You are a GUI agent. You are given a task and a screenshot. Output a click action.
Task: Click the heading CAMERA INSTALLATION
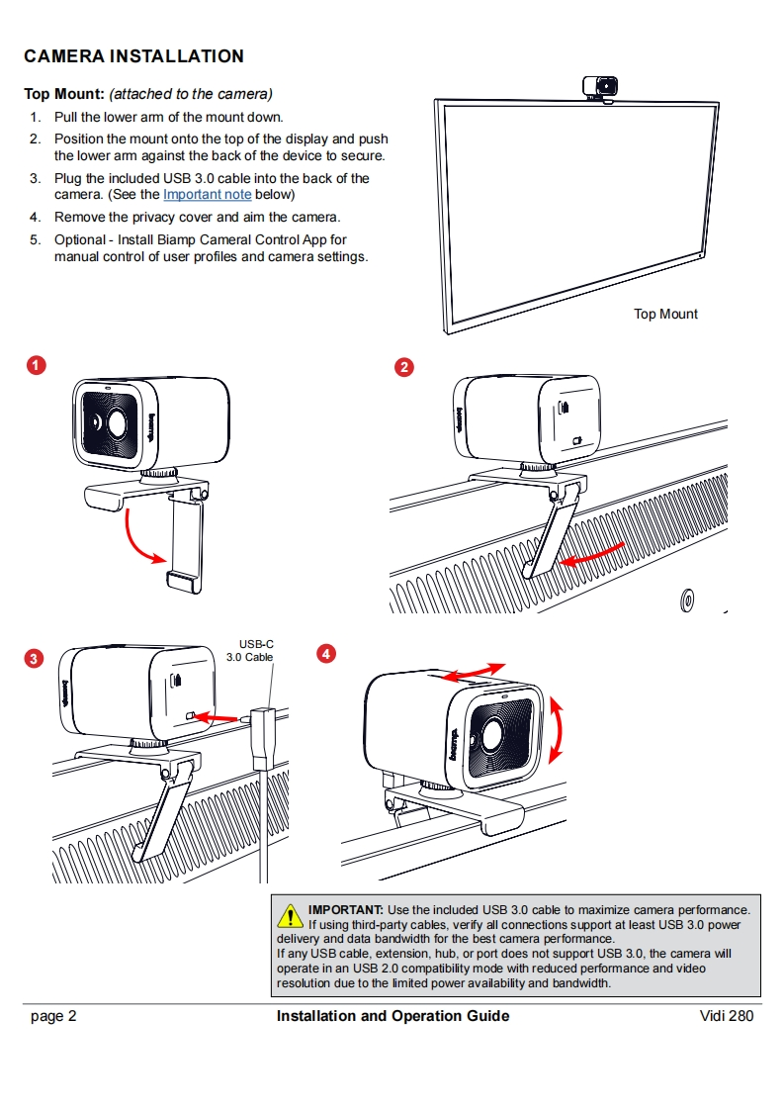pyautogui.click(x=133, y=56)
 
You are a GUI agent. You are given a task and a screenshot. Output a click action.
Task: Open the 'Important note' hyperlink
pyautogui.click(x=207, y=195)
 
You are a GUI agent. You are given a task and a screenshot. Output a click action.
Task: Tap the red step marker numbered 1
pyautogui.click(x=35, y=366)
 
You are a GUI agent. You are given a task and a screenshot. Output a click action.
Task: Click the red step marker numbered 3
pyautogui.click(x=35, y=659)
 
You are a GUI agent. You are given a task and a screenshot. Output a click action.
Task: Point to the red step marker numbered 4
pyautogui.click(x=325, y=653)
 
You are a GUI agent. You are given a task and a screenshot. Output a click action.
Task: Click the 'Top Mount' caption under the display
pyautogui.click(x=665, y=314)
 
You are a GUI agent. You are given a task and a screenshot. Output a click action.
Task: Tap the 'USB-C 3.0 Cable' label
pyautogui.click(x=249, y=650)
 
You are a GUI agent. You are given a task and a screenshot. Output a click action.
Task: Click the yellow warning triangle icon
pyautogui.click(x=291, y=916)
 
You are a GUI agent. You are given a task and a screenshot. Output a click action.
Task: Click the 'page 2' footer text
pyautogui.click(x=53, y=1016)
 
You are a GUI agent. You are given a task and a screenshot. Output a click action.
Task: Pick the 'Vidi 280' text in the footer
pyautogui.click(x=726, y=1016)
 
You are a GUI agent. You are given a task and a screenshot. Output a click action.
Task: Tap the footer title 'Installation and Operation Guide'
pyautogui.click(x=392, y=1016)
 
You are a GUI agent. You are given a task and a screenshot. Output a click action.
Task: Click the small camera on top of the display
pyautogui.click(x=602, y=88)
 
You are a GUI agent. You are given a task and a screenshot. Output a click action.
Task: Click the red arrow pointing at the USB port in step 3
pyautogui.click(x=218, y=715)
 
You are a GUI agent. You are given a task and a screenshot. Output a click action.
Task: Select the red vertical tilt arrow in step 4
pyautogui.click(x=558, y=730)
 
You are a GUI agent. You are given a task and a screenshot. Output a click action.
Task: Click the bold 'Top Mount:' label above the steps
pyautogui.click(x=64, y=94)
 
